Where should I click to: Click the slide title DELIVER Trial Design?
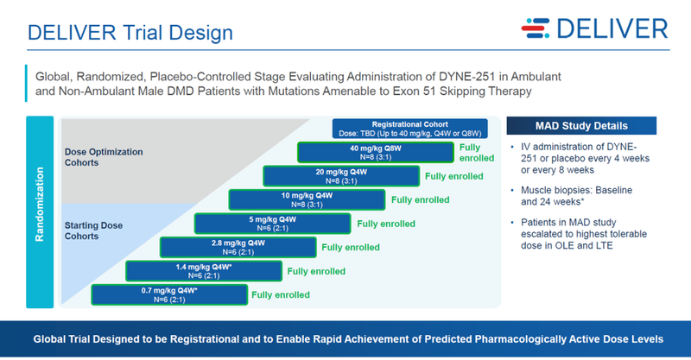click(x=130, y=34)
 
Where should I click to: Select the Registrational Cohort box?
click(x=410, y=129)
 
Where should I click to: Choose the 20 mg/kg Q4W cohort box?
click(x=341, y=176)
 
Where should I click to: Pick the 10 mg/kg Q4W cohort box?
click(x=307, y=199)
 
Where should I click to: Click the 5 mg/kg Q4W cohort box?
click(x=272, y=224)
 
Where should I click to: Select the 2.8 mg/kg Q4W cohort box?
click(x=238, y=247)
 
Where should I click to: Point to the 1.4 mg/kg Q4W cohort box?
click(x=203, y=270)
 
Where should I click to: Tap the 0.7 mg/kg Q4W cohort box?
click(x=168, y=294)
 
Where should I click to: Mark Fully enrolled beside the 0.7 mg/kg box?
click(x=281, y=294)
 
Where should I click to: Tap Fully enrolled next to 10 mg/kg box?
click(x=421, y=199)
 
